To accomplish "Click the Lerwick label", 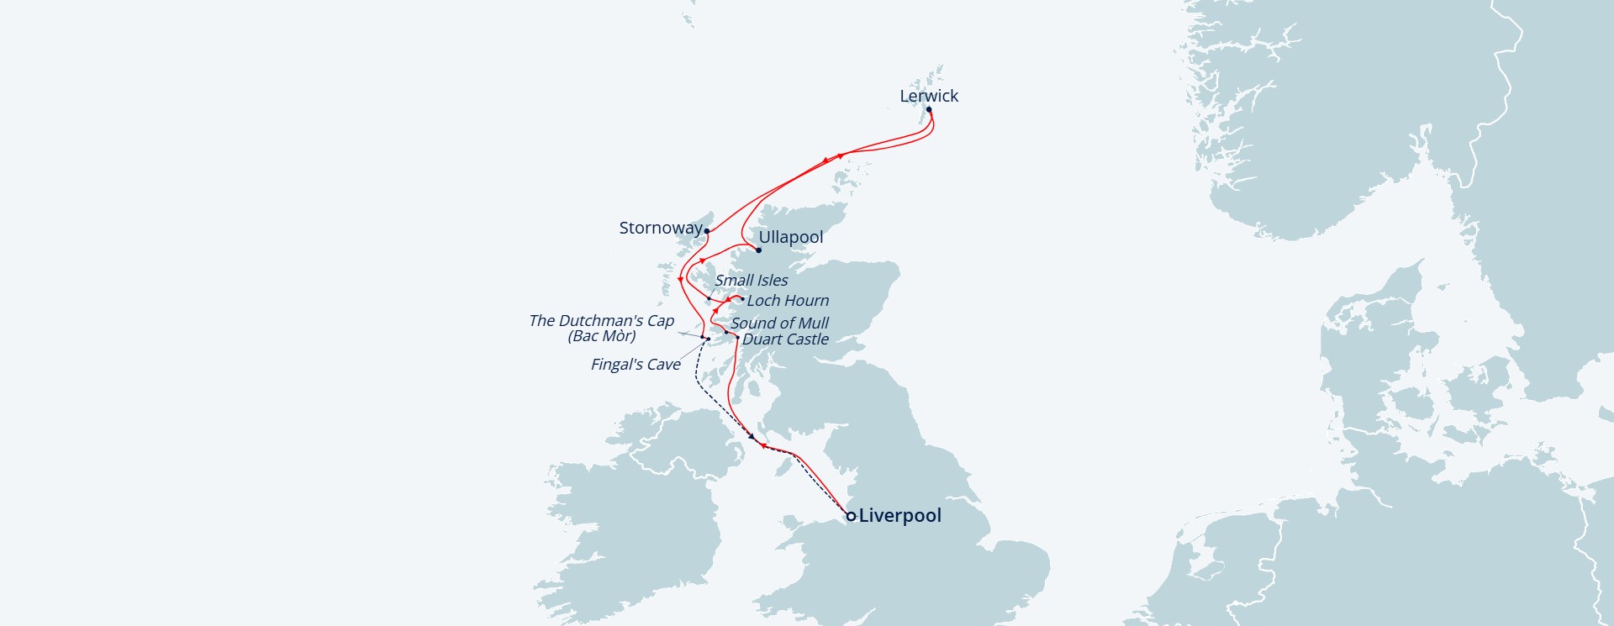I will [928, 96].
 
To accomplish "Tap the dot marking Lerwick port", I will [929, 109].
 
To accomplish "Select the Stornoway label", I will [660, 228].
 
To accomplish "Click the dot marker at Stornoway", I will [707, 231].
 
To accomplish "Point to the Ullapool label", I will [790, 237].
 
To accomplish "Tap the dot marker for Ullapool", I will [758, 250].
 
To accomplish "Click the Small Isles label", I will [752, 280].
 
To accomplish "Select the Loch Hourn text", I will [788, 300].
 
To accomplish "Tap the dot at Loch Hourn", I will [741, 298].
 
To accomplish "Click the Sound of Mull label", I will [779, 323].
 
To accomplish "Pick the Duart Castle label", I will [785, 339].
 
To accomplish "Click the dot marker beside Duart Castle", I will [738, 337].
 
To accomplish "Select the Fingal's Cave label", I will [636, 364].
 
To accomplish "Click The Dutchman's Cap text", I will [601, 320].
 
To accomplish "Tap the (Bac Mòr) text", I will [602, 336].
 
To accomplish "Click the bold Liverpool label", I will [899, 515].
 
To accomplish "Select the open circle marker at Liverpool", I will [851, 516].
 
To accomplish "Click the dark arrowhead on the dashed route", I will [752, 436].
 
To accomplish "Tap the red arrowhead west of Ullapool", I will [702, 260].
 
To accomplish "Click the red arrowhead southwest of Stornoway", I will [680, 279].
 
